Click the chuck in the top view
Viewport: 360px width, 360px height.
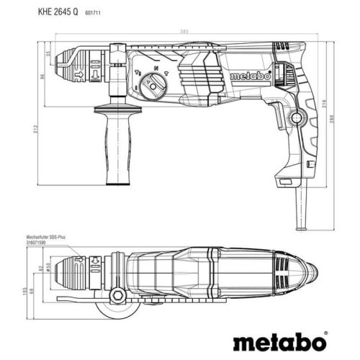tap(72, 271)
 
